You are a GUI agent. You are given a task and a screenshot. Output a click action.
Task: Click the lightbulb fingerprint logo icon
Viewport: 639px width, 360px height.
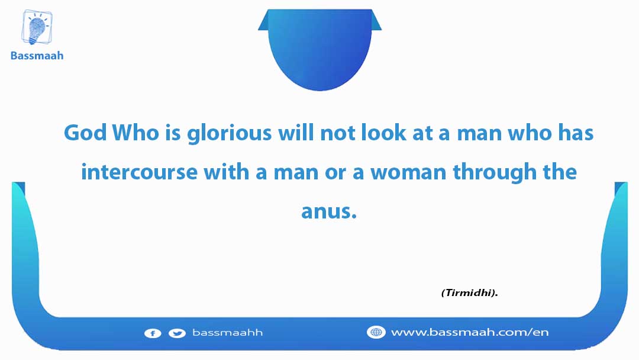(x=37, y=28)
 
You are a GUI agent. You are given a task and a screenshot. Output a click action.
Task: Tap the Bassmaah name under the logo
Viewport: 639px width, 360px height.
(x=37, y=56)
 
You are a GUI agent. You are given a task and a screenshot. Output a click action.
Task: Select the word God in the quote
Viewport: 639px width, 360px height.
(x=85, y=133)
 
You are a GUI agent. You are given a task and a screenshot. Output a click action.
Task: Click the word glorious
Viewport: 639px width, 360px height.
(x=230, y=134)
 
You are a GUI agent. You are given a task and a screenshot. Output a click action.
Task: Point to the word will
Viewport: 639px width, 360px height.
(x=296, y=133)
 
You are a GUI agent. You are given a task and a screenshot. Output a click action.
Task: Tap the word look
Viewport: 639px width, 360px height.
(x=384, y=133)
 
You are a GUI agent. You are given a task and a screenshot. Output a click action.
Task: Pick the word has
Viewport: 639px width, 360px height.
(x=576, y=133)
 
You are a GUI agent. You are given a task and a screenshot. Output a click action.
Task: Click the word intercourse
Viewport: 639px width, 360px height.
(x=140, y=172)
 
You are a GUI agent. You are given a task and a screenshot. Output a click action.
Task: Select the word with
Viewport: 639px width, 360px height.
(x=226, y=171)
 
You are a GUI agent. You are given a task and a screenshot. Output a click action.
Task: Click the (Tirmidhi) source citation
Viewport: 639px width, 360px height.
(x=469, y=292)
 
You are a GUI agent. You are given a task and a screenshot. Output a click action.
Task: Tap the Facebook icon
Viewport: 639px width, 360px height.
(x=153, y=333)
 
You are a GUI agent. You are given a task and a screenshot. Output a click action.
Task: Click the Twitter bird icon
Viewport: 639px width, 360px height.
(x=177, y=333)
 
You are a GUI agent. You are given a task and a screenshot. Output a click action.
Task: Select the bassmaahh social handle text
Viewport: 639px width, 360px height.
(x=227, y=333)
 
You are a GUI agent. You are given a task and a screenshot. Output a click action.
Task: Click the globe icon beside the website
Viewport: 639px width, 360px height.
(x=376, y=332)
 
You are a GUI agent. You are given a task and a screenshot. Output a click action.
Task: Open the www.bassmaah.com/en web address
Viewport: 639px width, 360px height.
(x=470, y=332)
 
